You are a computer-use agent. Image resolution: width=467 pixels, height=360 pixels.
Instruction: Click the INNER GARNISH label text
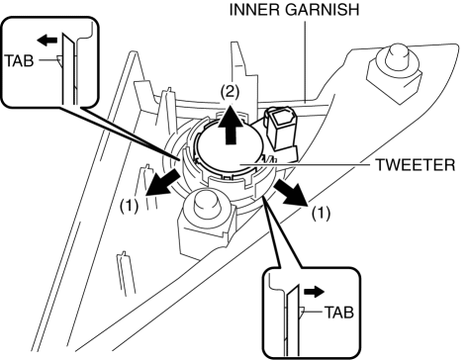point(294,10)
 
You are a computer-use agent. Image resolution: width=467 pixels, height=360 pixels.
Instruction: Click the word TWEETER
point(416,165)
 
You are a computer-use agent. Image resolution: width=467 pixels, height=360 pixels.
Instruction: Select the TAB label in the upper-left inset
point(20,61)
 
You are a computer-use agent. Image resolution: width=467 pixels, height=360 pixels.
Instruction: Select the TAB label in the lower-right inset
point(339,313)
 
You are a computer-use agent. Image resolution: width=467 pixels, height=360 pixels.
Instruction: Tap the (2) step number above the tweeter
point(230,92)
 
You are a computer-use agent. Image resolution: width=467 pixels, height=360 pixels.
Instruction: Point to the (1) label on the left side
point(129,207)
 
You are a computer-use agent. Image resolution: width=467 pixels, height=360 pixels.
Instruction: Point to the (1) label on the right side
point(321,214)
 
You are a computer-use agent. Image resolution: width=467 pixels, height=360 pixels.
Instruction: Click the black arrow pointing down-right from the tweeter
point(290,194)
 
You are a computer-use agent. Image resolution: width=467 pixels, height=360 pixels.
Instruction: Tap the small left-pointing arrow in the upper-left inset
point(47,41)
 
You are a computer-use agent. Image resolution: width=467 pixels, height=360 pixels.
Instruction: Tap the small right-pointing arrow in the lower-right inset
point(315,292)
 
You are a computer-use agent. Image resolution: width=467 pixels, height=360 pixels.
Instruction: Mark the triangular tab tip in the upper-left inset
point(59,60)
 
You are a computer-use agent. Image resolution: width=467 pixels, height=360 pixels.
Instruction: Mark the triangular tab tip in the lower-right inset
point(302,312)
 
